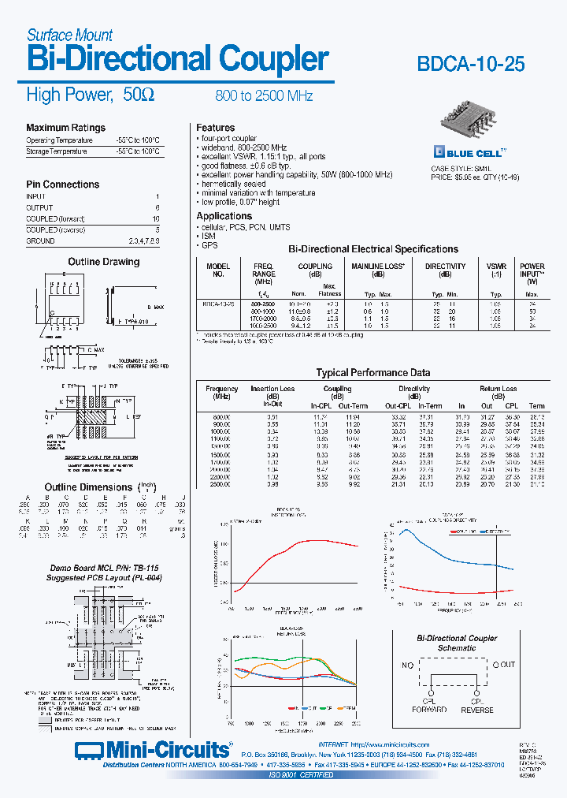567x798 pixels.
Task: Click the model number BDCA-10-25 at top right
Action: click(x=480, y=65)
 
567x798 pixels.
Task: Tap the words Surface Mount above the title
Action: click(x=69, y=35)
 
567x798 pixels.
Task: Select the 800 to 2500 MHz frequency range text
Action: click(x=264, y=96)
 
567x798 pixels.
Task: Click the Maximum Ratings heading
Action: click(x=65, y=128)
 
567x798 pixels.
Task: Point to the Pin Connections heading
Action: click(x=63, y=185)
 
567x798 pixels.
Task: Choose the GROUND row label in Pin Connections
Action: click(x=41, y=241)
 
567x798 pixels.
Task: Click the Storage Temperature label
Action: click(x=57, y=151)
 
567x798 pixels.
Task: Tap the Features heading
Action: click(x=216, y=128)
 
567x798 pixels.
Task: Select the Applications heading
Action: click(x=224, y=216)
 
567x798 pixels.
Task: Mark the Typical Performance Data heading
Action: click(x=373, y=373)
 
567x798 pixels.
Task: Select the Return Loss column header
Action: click(x=498, y=389)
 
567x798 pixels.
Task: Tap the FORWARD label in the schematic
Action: click(x=429, y=709)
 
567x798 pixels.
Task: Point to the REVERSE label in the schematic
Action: click(x=478, y=709)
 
